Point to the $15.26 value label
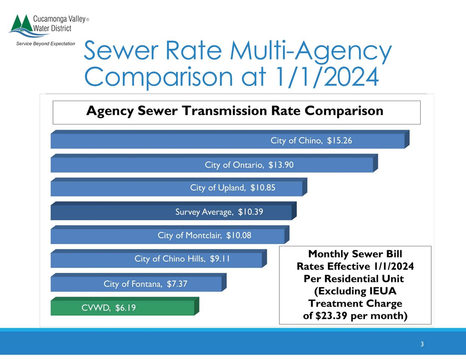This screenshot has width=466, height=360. coord(339,141)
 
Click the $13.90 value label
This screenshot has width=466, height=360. coord(281,165)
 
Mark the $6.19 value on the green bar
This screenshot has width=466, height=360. coord(126,308)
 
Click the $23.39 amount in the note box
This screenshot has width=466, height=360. coord(332,316)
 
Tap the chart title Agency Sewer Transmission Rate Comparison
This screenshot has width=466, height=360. coord(235,111)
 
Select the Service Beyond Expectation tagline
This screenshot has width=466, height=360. coord(45,44)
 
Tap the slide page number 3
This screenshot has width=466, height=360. coord(422,344)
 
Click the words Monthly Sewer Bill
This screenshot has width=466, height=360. coord(355,254)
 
